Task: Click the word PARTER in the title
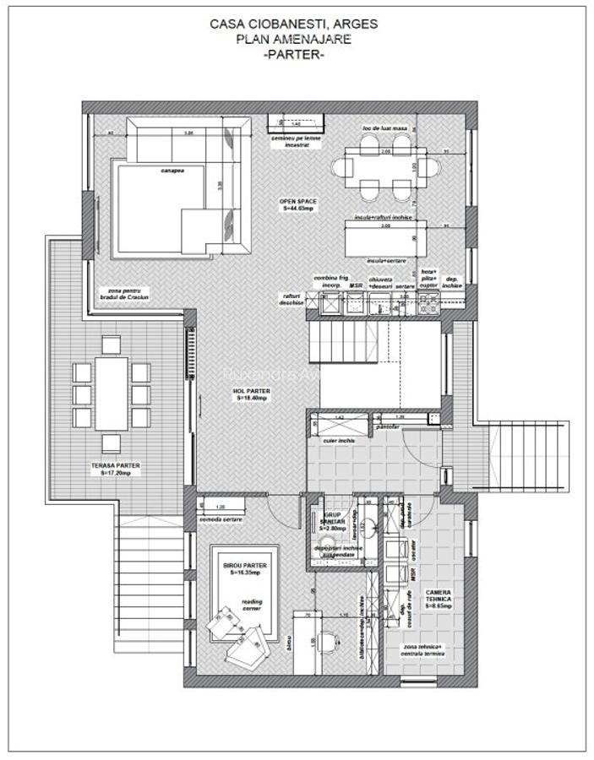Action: [x=293, y=54]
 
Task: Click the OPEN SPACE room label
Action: [x=298, y=204]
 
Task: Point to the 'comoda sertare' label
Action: [x=221, y=518]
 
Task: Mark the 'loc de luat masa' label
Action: [x=384, y=128]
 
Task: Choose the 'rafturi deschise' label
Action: [x=292, y=299]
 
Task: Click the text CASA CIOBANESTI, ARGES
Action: [x=293, y=24]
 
